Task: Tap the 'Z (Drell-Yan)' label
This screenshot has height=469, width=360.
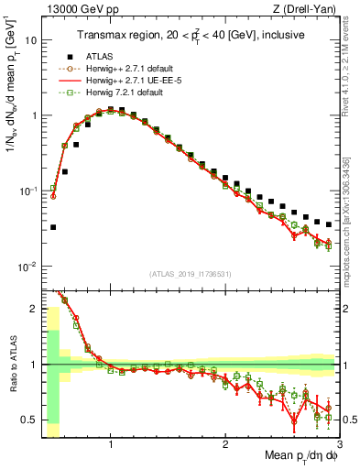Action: click(304, 9)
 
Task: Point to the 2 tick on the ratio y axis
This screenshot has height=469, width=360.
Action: click(33, 309)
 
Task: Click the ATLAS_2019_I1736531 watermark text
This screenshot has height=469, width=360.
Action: click(191, 274)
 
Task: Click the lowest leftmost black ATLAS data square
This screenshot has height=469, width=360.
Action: click(53, 227)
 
